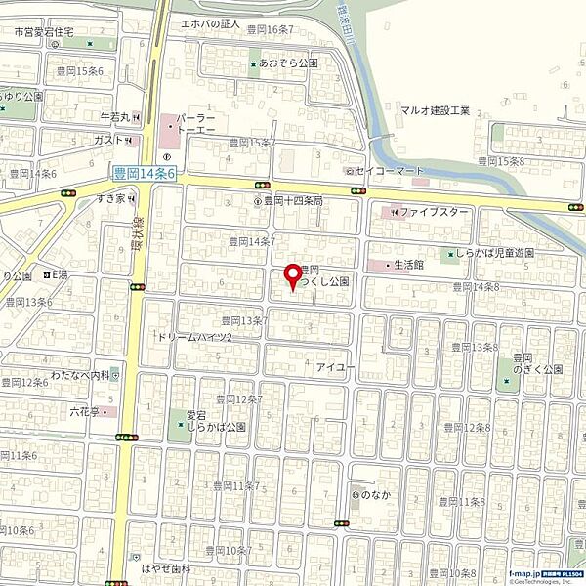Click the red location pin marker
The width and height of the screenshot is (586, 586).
click(x=290, y=275)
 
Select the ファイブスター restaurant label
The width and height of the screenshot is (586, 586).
click(x=435, y=211)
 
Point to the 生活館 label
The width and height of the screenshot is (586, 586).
click(x=408, y=264)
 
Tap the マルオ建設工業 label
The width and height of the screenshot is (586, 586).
click(x=435, y=110)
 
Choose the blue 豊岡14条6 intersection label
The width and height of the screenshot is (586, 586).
click(x=144, y=173)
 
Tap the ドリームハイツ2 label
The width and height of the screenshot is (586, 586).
click(x=194, y=337)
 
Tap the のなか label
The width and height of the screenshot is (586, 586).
click(x=372, y=495)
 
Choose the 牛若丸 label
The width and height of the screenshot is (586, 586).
click(x=115, y=117)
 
